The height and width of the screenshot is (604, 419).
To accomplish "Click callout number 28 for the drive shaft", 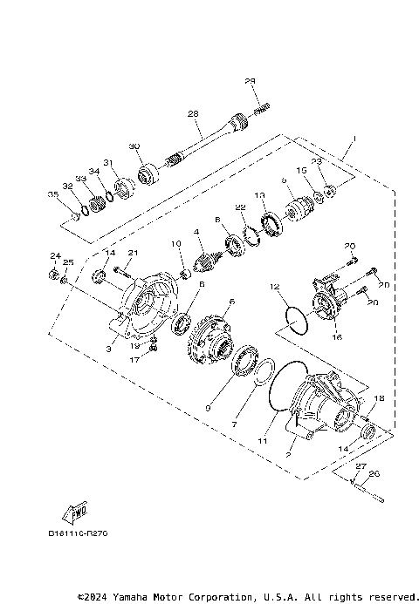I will (x=193, y=113).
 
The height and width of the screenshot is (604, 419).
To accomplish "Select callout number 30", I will (x=134, y=146).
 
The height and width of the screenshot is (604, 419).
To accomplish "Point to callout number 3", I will (x=109, y=348).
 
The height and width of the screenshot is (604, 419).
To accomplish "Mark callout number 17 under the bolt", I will (x=134, y=358).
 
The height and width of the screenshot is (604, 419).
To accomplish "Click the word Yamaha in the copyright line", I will (x=138, y=597).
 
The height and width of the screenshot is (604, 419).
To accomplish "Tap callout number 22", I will (x=240, y=207).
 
